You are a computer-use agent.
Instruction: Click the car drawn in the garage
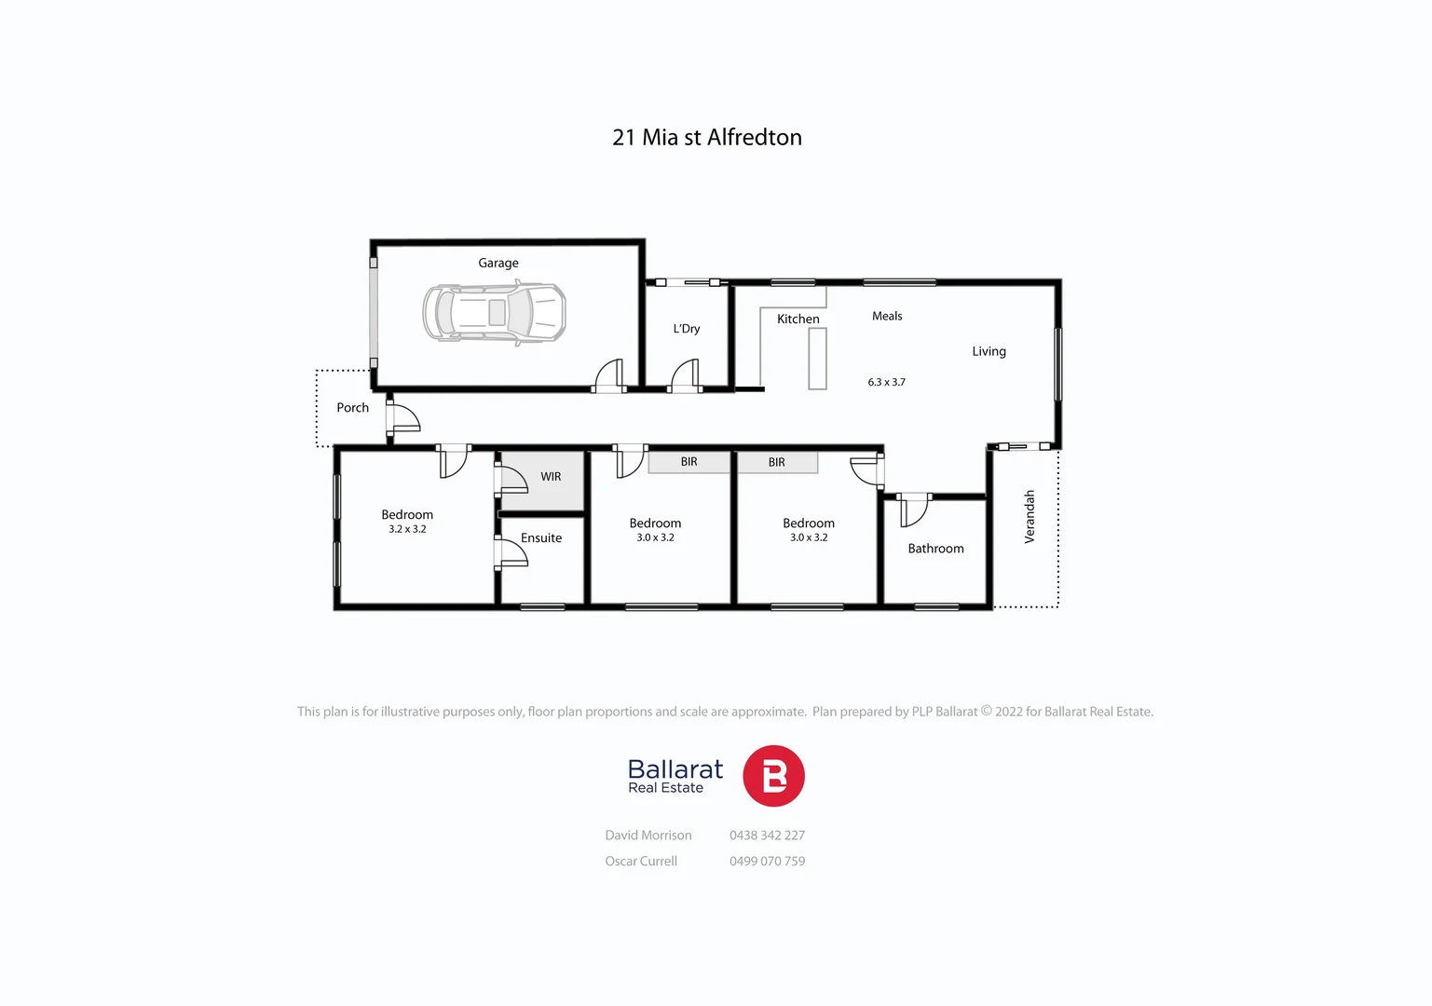click(494, 313)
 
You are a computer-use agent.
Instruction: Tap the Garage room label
click(498, 264)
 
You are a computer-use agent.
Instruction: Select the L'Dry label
click(687, 329)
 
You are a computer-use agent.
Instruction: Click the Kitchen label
click(798, 319)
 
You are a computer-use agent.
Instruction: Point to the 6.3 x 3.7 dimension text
click(886, 383)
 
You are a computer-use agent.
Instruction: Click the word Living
click(989, 352)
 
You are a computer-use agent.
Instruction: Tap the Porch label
click(352, 408)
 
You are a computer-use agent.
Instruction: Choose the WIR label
click(551, 477)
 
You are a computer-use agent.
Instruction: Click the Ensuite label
click(541, 538)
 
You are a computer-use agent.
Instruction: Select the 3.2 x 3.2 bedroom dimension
click(407, 530)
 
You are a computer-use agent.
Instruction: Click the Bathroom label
click(935, 549)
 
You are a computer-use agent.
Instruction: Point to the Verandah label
click(1030, 517)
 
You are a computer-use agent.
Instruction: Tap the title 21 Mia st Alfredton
click(707, 138)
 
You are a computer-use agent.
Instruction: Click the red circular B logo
click(773, 776)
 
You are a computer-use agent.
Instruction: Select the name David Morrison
click(648, 836)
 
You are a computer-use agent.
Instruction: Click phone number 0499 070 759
click(767, 862)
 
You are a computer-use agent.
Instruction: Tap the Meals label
click(887, 317)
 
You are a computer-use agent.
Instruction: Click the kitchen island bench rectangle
click(817, 359)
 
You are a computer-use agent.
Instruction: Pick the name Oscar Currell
click(641, 862)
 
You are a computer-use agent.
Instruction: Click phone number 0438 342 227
click(767, 836)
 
